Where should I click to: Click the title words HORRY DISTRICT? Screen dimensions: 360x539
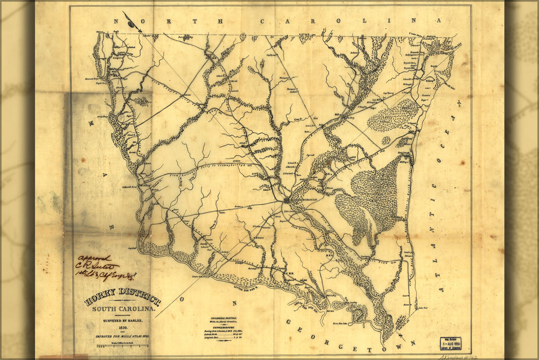122,298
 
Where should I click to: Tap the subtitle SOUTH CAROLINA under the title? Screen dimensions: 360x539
123,309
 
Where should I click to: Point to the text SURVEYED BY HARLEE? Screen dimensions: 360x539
122,319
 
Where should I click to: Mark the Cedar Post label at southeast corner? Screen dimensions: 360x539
422,308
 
